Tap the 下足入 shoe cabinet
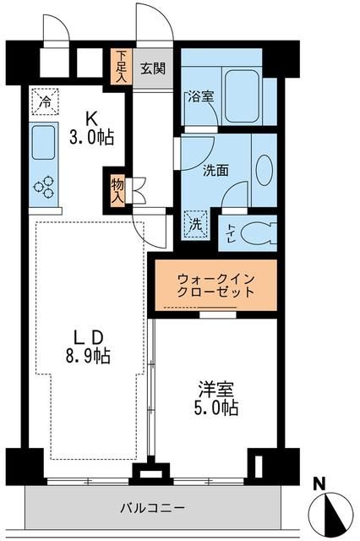pyautogui.click(x=121, y=67)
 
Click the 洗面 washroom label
pyautogui.click(x=215, y=169)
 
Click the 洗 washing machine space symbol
pyautogui.click(x=195, y=226)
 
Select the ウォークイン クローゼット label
pyautogui.click(x=215, y=285)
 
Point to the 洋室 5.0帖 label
pyautogui.click(x=217, y=398)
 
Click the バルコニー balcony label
pyautogui.click(x=146, y=509)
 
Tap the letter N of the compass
pyautogui.click(x=319, y=484)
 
